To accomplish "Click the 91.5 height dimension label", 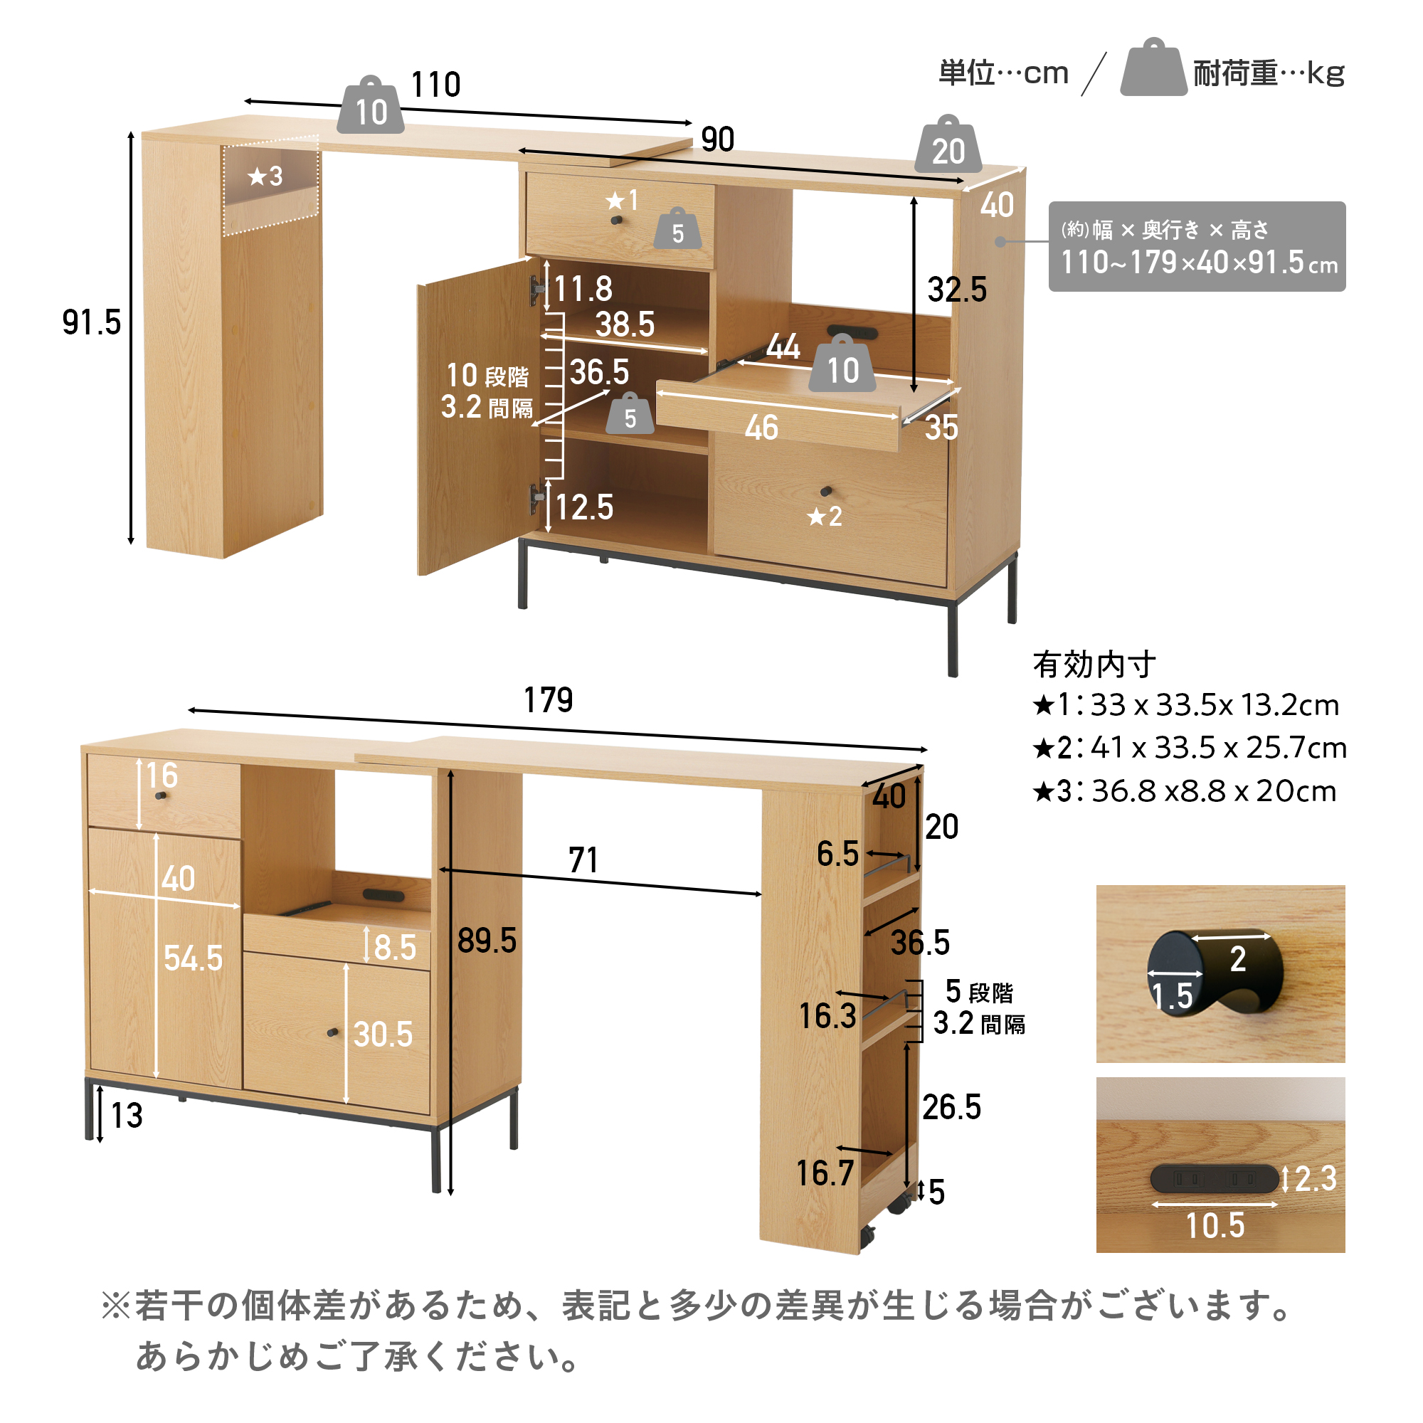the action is click(x=91, y=322).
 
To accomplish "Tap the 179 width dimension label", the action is click(x=548, y=699).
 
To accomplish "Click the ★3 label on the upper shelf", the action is click(x=265, y=176).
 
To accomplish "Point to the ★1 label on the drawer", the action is click(x=622, y=201).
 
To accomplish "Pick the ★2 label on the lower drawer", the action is click(x=825, y=517).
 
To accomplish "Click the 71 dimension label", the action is click(x=583, y=859).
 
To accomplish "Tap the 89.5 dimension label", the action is click(x=487, y=941).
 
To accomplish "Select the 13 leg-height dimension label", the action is click(x=127, y=1115).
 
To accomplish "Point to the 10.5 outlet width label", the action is click(x=1215, y=1226).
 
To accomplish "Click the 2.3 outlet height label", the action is click(x=1316, y=1178).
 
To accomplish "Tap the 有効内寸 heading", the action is click(x=1094, y=665).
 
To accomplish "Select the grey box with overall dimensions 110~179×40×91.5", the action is click(x=1197, y=246).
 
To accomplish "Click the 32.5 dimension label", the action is click(x=957, y=290).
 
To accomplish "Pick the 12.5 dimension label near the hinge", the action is click(x=584, y=507).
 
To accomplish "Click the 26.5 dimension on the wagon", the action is click(x=951, y=1107).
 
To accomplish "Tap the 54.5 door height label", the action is click(x=193, y=958).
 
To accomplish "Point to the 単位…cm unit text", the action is click(x=1003, y=73).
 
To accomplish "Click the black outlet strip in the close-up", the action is click(x=1215, y=1178).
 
